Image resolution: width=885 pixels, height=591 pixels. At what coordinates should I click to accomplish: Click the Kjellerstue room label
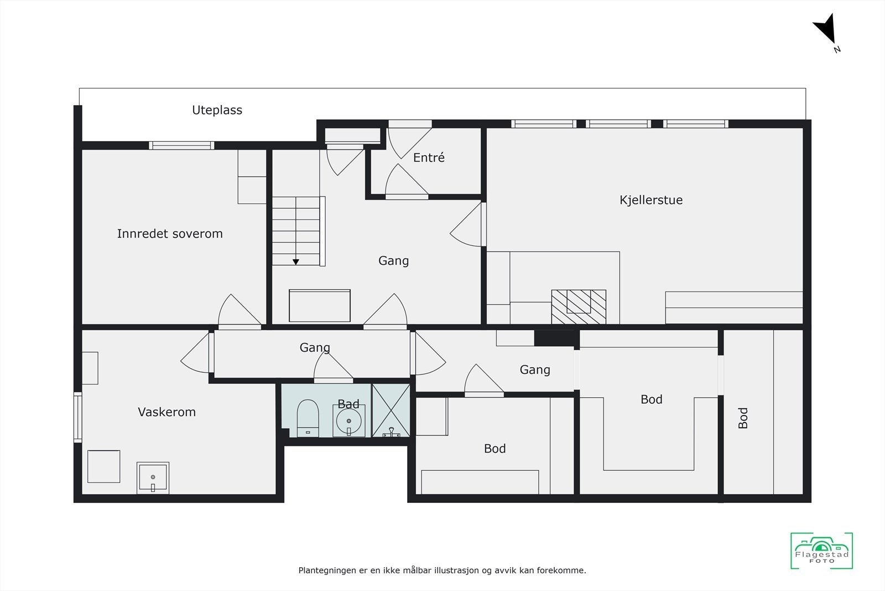[651, 200]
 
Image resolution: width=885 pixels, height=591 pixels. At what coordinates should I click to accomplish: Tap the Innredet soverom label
[170, 234]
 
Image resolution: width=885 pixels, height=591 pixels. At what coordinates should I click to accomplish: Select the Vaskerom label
[166, 412]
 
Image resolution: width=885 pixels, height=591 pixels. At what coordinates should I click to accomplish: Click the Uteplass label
[217, 110]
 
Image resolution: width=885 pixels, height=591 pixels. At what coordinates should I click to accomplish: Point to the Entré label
[429, 158]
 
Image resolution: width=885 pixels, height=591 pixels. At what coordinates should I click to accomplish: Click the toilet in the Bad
[308, 418]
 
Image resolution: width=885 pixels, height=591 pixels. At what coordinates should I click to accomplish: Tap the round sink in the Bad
[348, 421]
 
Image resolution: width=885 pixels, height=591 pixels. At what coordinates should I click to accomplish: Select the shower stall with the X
[391, 410]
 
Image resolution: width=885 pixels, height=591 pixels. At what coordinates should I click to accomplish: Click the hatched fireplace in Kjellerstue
[579, 306]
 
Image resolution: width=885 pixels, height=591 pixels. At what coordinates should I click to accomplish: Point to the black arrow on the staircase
[296, 261]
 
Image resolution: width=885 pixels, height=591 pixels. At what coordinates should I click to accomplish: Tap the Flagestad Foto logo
[821, 551]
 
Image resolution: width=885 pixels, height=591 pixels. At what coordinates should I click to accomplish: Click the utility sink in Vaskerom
[153, 477]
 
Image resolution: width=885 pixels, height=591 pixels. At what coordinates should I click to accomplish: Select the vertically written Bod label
[743, 418]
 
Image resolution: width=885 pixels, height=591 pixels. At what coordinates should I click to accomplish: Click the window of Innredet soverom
[181, 146]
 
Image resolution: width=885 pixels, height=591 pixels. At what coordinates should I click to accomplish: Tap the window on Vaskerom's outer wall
[78, 417]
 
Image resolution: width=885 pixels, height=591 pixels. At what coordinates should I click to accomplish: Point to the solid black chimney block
[556, 337]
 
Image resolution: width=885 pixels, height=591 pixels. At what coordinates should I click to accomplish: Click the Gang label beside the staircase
[393, 261]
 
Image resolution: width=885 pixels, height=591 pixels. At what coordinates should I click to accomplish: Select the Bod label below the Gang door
[494, 449]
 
